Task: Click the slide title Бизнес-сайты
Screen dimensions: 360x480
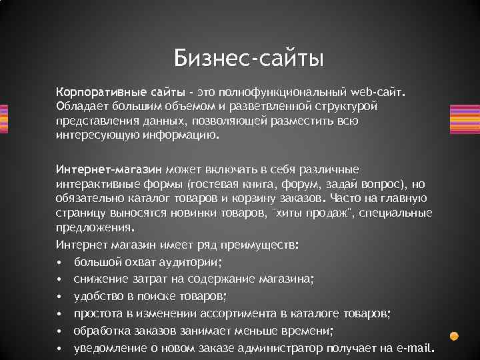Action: pos(249,58)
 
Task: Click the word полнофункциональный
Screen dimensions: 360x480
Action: pos(267,90)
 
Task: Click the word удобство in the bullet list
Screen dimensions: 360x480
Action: pos(97,295)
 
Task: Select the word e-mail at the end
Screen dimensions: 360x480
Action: pos(415,348)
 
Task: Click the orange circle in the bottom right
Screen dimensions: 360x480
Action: pos(454,336)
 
